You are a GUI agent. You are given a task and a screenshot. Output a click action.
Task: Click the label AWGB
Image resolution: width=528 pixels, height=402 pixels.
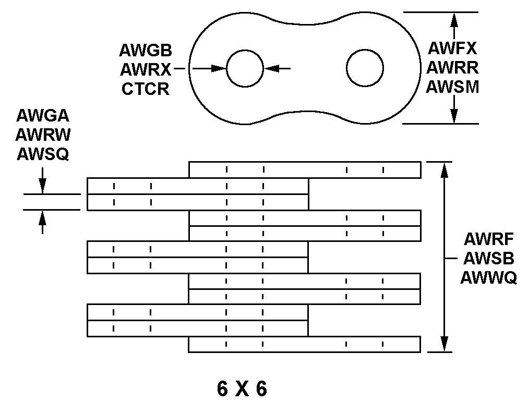pos(146,50)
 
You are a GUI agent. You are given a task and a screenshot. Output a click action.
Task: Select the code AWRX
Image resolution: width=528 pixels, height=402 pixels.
pos(146,69)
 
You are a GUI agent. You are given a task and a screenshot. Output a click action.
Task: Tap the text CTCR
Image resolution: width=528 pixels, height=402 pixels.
pos(146,89)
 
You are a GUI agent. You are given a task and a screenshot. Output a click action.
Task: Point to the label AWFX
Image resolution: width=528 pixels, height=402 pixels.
pos(452,48)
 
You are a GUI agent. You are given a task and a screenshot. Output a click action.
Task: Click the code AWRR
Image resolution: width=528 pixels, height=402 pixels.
pos(452,67)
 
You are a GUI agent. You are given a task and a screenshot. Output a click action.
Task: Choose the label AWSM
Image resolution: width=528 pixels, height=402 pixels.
pos(452,87)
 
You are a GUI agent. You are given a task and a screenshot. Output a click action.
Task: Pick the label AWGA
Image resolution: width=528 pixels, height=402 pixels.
pos(43,115)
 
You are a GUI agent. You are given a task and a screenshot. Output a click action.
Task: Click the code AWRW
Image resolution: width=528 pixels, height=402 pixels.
pos(43,135)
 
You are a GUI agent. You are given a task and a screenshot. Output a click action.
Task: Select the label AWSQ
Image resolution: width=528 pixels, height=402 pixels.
pos(43,154)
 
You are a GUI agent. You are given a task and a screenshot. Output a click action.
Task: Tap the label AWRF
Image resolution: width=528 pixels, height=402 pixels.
pos(488,239)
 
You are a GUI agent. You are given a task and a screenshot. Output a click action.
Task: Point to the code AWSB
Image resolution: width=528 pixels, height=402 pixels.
pos(488,259)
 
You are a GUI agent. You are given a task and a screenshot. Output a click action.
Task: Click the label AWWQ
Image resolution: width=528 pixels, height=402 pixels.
pos(488,278)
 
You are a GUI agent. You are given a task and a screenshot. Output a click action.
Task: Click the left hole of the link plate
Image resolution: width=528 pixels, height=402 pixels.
pos(245,68)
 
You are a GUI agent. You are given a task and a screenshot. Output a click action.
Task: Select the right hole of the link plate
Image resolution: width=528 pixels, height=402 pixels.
pos(365,68)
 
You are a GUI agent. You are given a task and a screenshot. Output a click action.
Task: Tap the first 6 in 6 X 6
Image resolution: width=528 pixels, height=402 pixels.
pos(223,388)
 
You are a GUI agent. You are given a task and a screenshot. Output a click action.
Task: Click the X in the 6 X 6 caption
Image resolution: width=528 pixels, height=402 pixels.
pos(242,388)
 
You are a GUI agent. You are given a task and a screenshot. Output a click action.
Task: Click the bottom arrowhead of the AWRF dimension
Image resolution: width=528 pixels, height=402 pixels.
pos(444,344)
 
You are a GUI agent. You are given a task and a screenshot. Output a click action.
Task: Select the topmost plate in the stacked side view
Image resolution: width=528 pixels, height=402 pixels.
pos(304,169)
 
